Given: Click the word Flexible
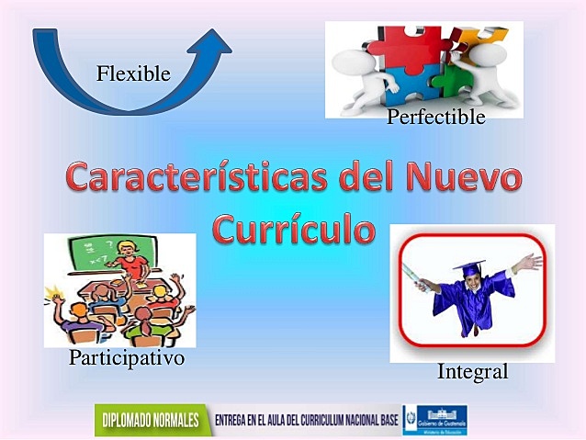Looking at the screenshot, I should (x=133, y=73).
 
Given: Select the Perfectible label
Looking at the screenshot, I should (x=435, y=117).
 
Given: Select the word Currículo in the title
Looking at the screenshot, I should (x=294, y=229).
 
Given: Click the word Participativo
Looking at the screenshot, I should (x=127, y=358).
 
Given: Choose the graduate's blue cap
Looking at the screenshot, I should (x=468, y=266).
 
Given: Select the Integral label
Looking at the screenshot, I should (x=472, y=372).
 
